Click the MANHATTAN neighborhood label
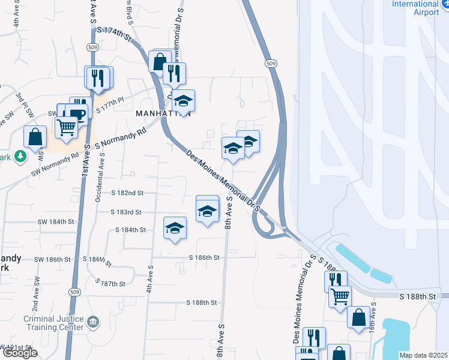163,113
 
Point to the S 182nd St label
127,193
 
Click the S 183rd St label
126,212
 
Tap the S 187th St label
110,283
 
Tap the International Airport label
415,8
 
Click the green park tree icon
20,156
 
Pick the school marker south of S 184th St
175,229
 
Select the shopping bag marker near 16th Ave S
358,317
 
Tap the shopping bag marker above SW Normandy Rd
35,137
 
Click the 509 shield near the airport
271,64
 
